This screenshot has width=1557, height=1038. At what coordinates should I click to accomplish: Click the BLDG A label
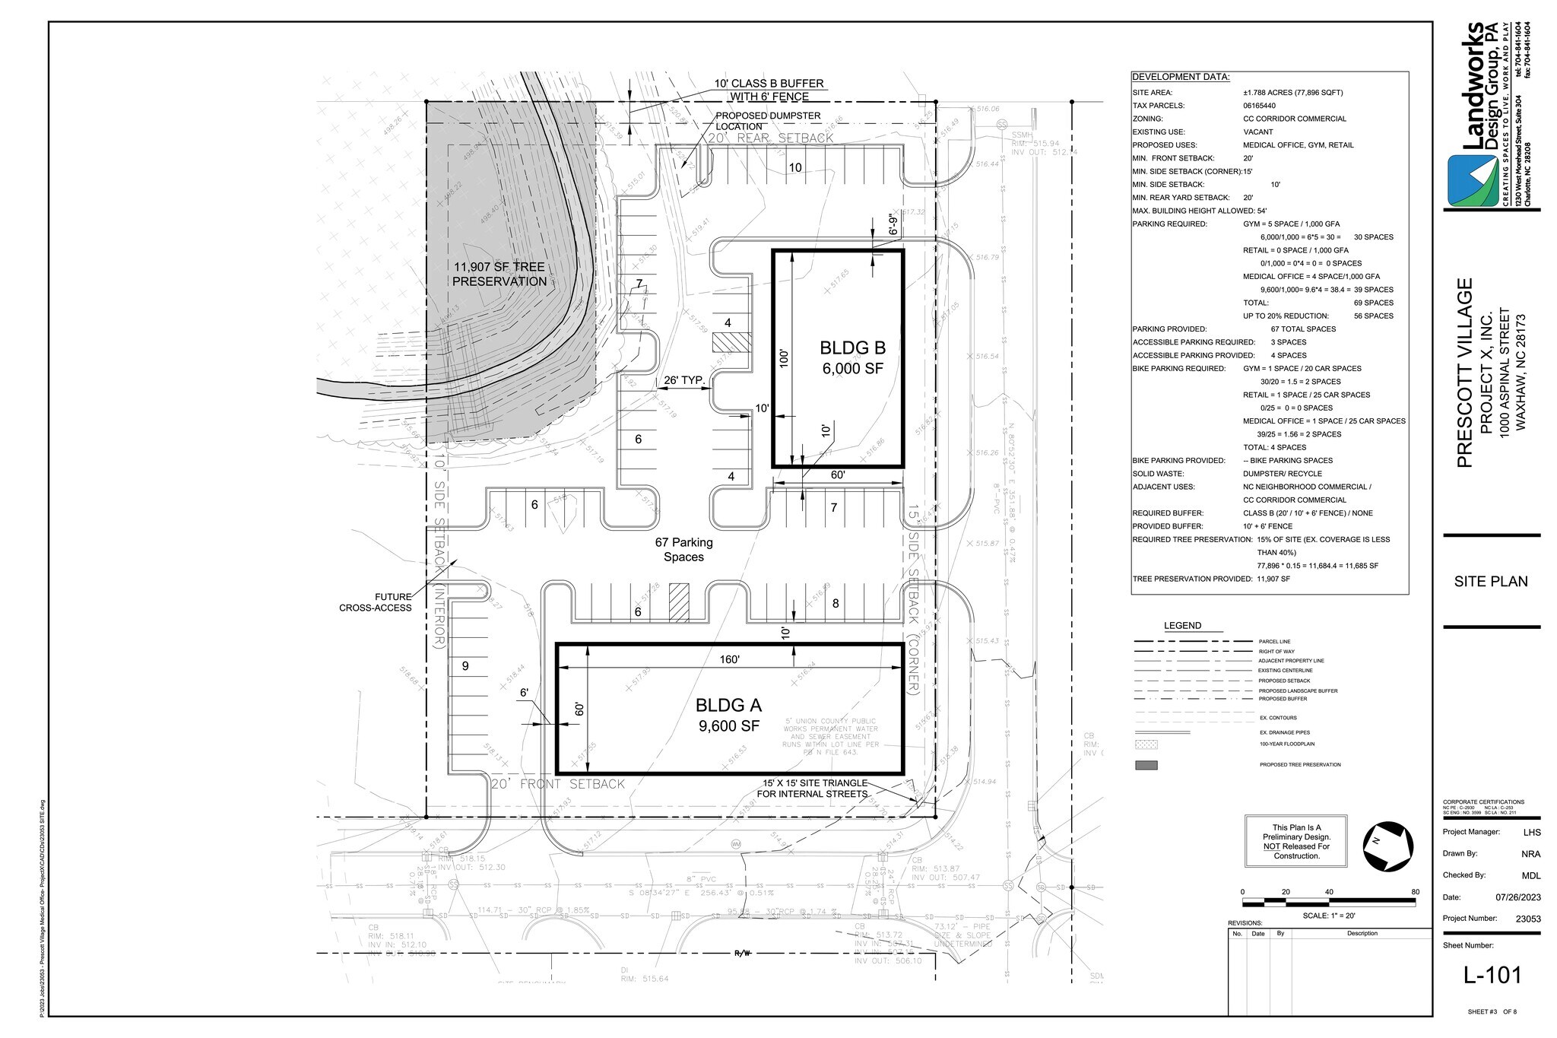[729, 706]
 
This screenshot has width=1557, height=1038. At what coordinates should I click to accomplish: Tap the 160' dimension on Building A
[729, 659]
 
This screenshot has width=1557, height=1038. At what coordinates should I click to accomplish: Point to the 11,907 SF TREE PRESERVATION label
[499, 275]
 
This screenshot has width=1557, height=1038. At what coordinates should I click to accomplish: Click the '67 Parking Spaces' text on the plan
[683, 549]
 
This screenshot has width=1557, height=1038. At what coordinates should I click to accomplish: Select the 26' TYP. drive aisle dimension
[684, 380]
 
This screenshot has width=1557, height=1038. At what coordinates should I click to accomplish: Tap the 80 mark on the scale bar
[1414, 891]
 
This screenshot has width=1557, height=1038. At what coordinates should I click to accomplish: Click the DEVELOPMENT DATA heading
[1180, 78]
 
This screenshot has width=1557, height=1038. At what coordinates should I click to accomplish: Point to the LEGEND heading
[1182, 626]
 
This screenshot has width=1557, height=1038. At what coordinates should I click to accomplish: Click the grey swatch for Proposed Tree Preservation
[1146, 765]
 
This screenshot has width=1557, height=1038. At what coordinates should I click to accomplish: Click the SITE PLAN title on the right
[1490, 582]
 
